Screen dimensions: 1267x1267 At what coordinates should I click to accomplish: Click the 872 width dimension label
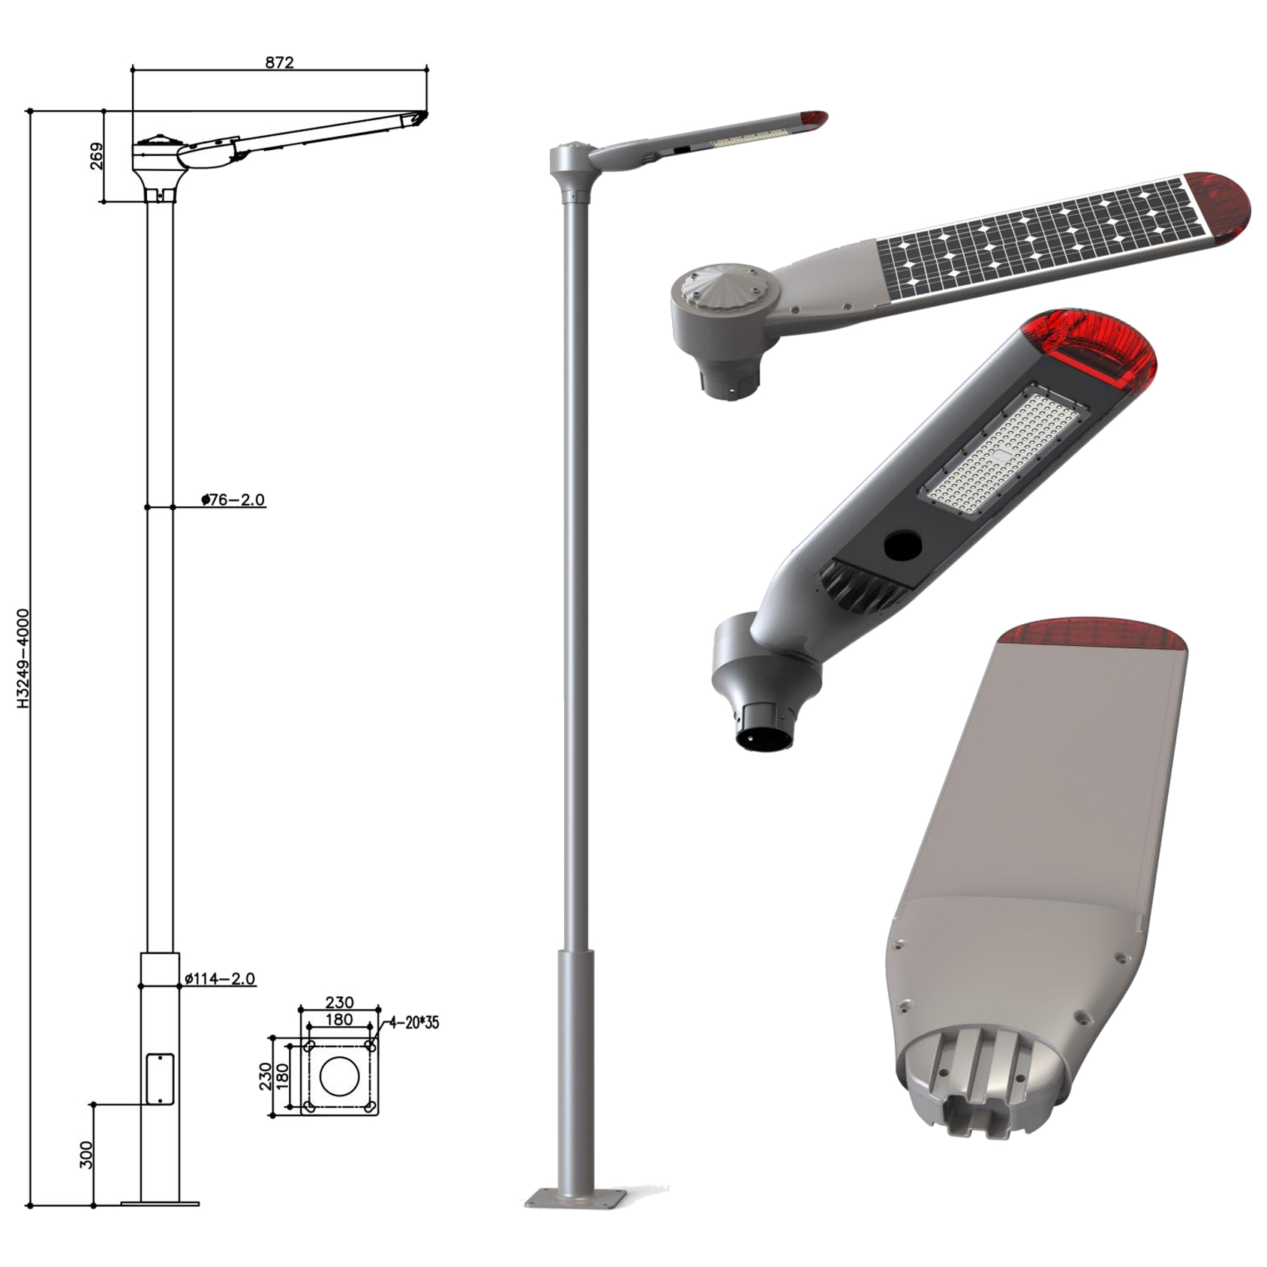pos(279,62)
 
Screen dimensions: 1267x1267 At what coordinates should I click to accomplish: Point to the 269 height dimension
pos(97,156)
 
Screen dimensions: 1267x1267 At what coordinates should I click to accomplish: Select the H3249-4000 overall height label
pos(23,659)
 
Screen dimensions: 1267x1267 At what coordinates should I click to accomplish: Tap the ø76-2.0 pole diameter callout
pos(233,500)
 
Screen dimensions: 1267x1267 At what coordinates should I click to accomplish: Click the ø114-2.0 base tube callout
pos(220,978)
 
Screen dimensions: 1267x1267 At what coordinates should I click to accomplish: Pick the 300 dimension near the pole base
pos(86,1155)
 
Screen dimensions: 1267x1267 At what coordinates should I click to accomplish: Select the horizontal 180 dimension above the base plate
pos(339,1019)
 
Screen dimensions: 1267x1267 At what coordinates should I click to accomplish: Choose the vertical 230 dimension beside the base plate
pos(265,1076)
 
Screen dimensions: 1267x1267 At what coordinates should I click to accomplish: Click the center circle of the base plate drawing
pos(340,1076)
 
